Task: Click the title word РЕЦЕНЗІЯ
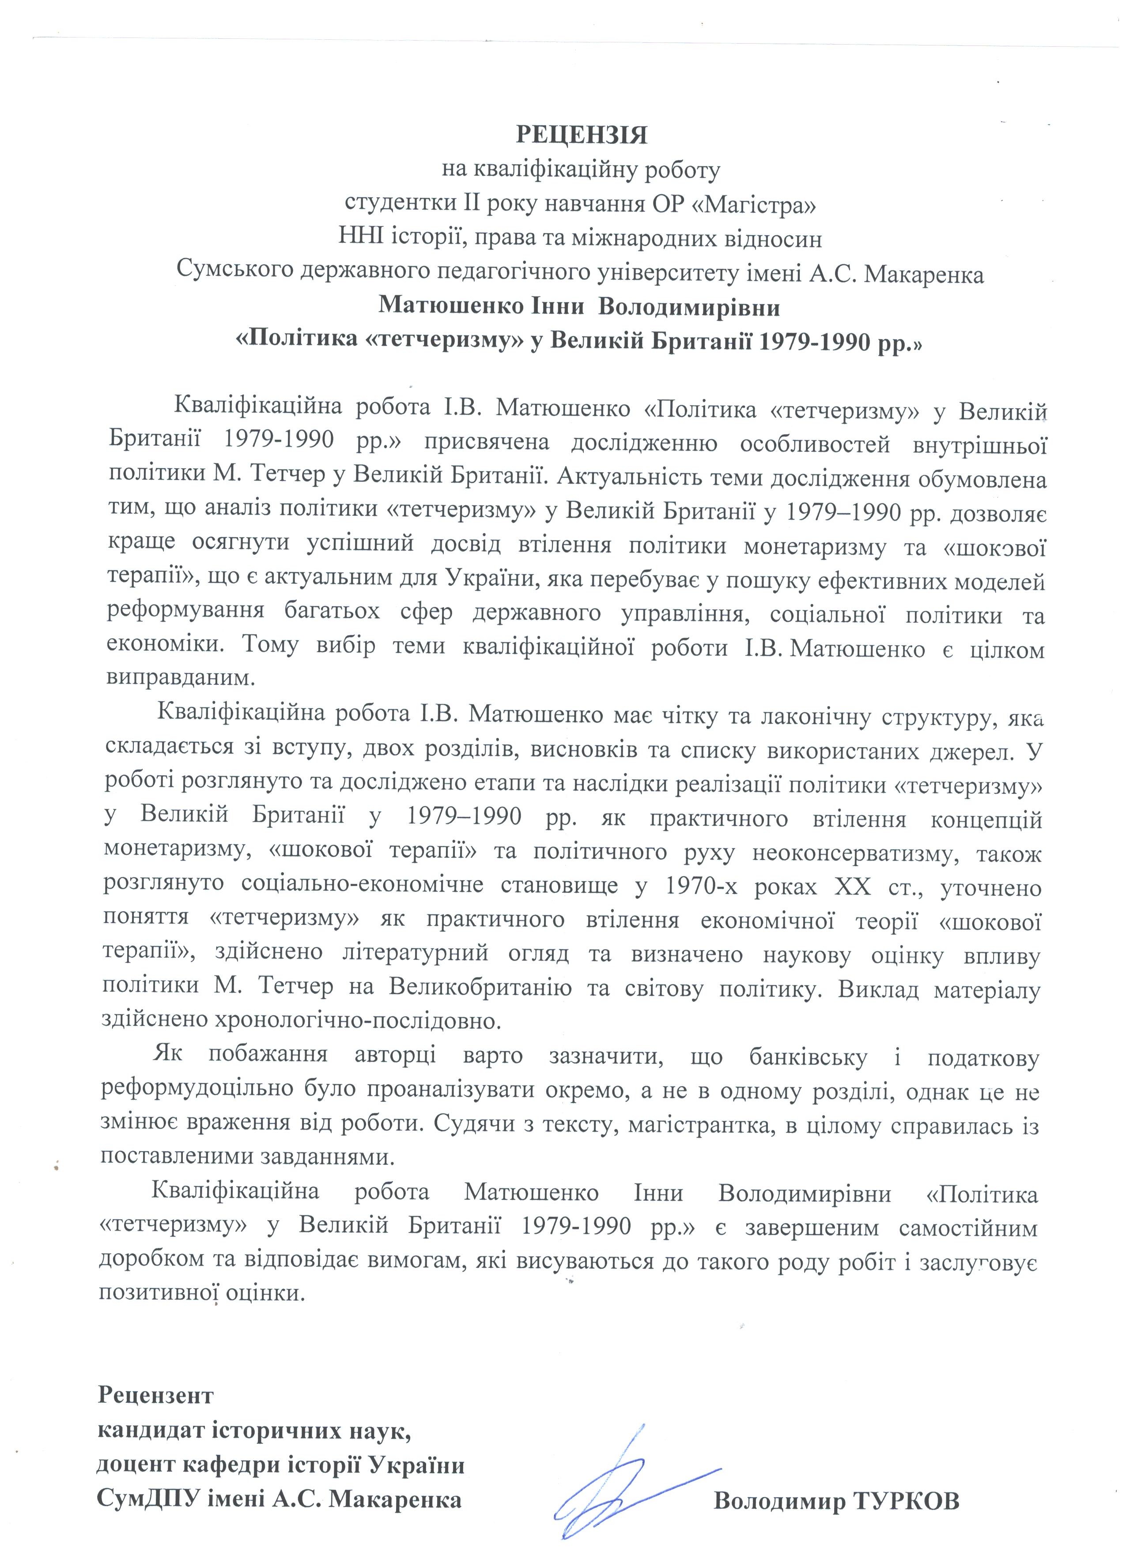click(580, 135)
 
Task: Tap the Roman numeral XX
click(853, 886)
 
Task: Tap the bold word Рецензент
click(156, 1375)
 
